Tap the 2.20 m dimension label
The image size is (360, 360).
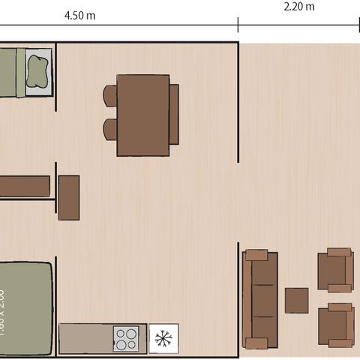(299, 7)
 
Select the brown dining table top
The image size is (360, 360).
(142, 115)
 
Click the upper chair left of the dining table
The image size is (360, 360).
(110, 95)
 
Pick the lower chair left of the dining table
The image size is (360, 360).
(110, 128)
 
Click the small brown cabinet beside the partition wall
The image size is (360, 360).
(69, 197)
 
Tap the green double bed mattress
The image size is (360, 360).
(27, 307)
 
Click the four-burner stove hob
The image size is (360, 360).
(126, 338)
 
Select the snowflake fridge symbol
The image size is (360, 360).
(163, 338)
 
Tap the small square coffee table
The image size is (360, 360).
(298, 300)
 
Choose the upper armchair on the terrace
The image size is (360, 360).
(334, 270)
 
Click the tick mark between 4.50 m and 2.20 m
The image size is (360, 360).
(238, 25)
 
